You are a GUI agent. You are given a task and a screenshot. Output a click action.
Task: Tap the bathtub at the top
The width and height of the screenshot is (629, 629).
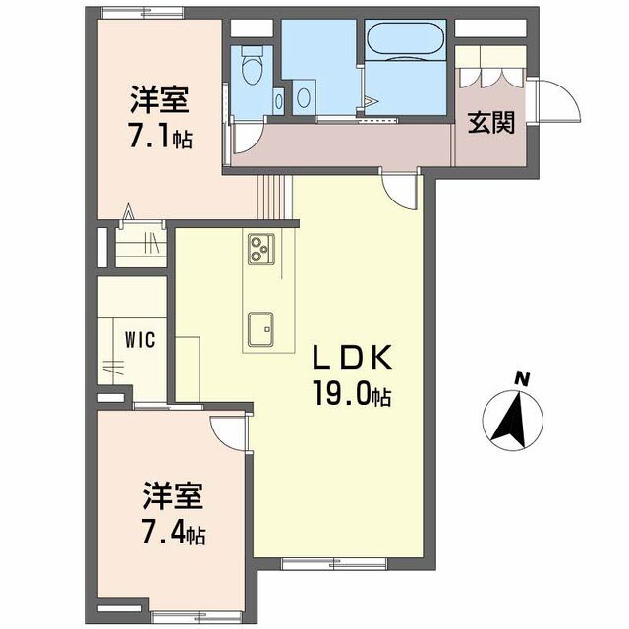point(405,38)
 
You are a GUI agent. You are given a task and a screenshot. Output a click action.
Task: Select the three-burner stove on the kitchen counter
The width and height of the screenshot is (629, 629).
point(260,249)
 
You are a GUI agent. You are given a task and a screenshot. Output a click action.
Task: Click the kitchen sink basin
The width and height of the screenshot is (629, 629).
point(260,329)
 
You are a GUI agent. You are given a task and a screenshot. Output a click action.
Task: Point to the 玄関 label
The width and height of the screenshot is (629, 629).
point(491,122)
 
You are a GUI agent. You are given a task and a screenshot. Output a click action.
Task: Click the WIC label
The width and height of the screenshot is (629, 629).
point(140,340)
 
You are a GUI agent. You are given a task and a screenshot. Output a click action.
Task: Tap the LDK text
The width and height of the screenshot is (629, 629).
point(352,357)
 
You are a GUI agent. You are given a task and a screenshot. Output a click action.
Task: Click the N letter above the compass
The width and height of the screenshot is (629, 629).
point(523,378)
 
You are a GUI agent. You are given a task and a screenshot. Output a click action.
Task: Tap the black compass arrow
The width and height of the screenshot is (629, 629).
point(511,420)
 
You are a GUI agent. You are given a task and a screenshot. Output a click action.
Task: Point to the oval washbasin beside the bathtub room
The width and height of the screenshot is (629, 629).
point(304,97)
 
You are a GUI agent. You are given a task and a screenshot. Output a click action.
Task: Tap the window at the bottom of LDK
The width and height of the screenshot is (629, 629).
point(334,564)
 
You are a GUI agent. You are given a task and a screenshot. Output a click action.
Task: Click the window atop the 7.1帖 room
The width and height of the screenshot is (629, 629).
point(143,13)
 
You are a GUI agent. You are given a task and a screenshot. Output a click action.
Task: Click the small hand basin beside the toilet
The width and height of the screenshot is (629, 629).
point(278,100)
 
